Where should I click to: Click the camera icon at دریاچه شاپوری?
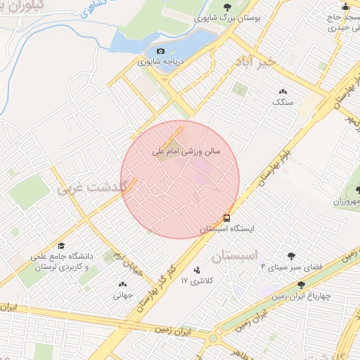pyautogui.click(x=160, y=51)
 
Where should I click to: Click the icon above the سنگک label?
pyautogui.click(x=283, y=91)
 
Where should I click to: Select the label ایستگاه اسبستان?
pyautogui.click(x=227, y=229)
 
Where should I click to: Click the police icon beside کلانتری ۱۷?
pyautogui.click(x=196, y=270)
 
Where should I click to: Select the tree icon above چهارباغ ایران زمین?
pyautogui.click(x=302, y=285)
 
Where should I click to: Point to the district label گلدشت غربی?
pyautogui.click(x=89, y=188)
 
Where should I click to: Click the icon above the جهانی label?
pyautogui.click(x=122, y=285)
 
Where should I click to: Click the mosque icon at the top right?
pyautogui.click(x=335, y=6)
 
